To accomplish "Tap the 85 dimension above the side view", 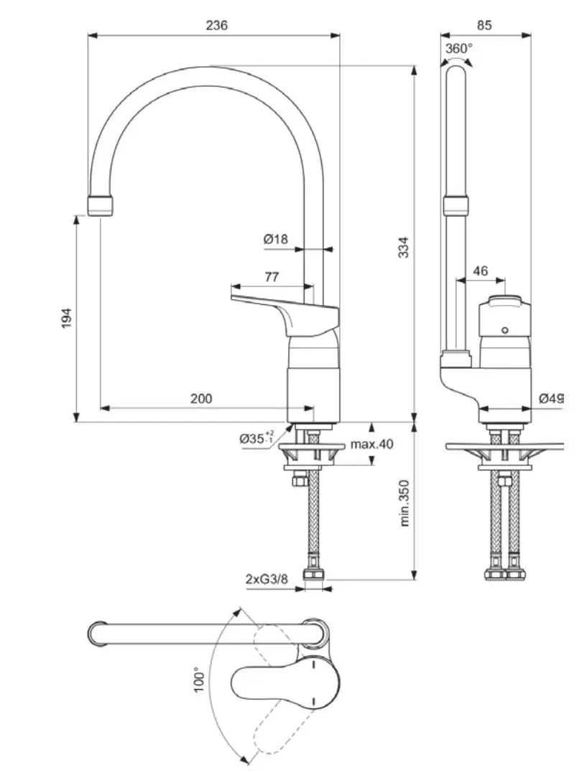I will coord(484,25).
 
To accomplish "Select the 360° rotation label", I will coord(459,48).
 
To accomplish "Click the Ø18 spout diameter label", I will coord(275,239).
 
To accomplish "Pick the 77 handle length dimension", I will coord(272,276).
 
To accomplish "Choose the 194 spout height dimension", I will coord(66,319).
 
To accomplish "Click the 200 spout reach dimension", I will coord(201,398).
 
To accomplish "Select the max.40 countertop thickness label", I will coord(371,444).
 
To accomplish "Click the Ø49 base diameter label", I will coord(552,398).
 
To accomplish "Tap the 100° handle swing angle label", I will coord(200,679).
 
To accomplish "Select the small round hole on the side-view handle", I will coord(505,331).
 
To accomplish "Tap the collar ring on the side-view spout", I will coord(456,206).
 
